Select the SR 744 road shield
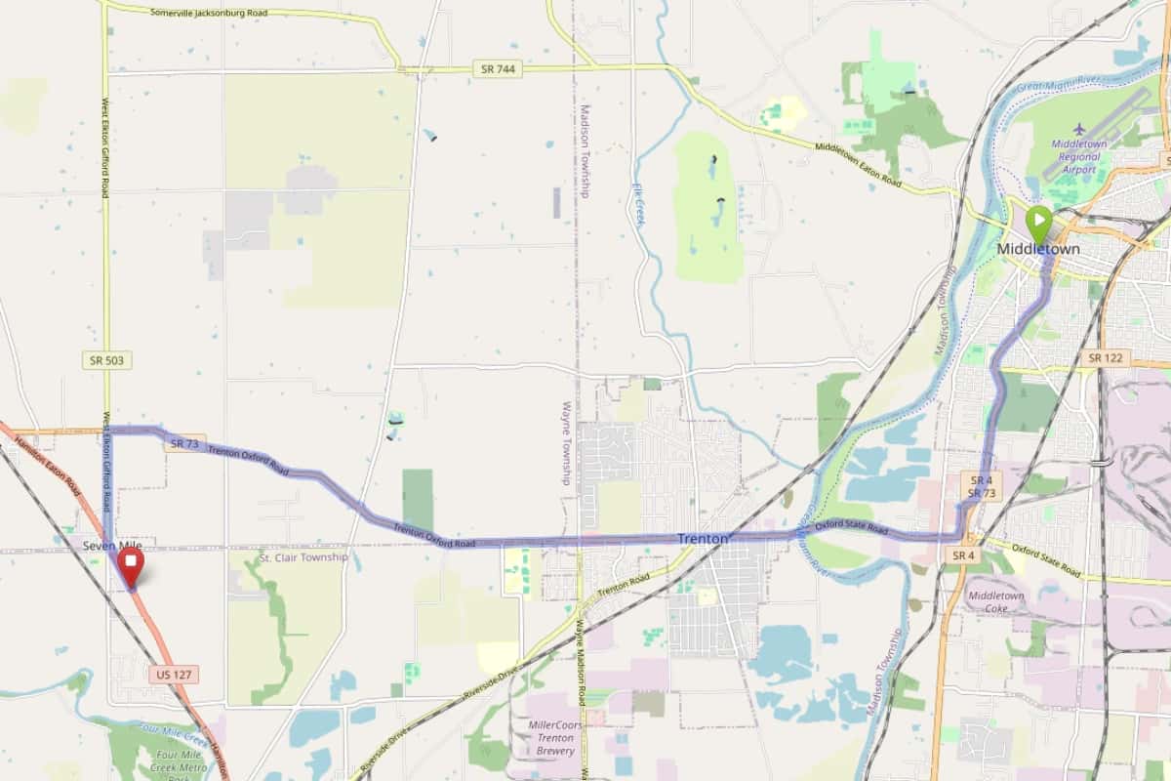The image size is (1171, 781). point(497,68)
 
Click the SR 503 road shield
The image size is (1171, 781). point(106,360)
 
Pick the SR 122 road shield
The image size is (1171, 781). point(1105,358)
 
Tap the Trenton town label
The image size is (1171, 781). point(703,539)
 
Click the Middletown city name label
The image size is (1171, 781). point(1038,249)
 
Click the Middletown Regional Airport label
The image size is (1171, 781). point(1079,155)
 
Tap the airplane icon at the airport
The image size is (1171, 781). point(1078,129)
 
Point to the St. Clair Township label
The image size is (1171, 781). point(303,557)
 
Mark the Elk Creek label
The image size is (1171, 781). point(638,205)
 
